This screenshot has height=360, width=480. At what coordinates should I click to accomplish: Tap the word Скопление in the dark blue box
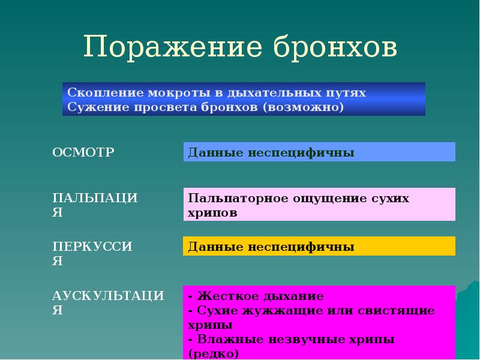100,94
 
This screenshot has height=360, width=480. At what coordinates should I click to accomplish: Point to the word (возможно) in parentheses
304,107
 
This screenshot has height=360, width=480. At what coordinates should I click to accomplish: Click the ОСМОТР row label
83,152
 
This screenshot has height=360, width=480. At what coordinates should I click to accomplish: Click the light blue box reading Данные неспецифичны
319,152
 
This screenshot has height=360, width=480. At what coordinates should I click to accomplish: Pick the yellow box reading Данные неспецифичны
319,247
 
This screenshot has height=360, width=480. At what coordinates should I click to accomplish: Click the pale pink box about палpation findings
319,205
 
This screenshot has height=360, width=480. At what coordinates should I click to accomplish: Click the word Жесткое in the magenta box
220,296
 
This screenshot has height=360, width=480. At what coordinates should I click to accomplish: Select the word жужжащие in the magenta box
275,311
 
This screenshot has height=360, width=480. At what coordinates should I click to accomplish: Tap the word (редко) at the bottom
214,353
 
